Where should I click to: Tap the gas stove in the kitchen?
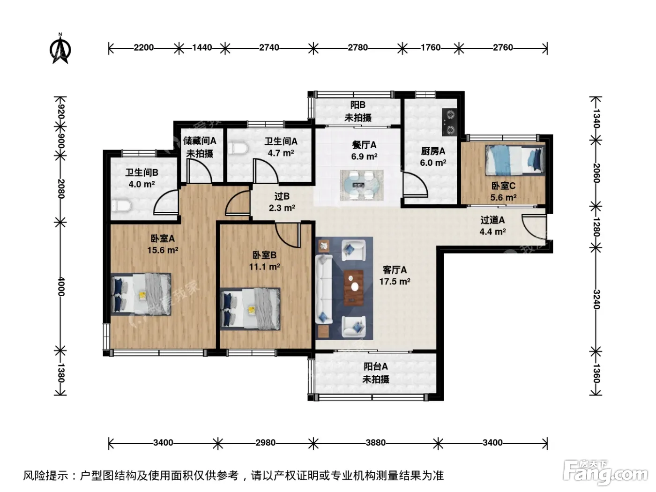click(449, 122)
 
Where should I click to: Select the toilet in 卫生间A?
click(238, 149)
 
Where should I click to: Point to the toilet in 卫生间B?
click(121, 206)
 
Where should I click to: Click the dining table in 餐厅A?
click(361, 185)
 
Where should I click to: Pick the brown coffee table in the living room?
click(354, 288)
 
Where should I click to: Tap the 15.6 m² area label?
click(163, 250)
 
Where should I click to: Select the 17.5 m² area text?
click(395, 282)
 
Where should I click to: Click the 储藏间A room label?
click(200, 141)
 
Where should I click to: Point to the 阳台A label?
click(376, 366)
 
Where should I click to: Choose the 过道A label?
click(492, 220)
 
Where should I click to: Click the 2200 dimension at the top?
click(143, 47)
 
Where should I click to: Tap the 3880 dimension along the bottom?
click(376, 442)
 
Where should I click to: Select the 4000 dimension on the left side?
click(61, 286)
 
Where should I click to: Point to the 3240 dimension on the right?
click(596, 299)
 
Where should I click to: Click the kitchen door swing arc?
click(416, 185)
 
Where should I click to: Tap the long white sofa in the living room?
click(324, 289)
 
